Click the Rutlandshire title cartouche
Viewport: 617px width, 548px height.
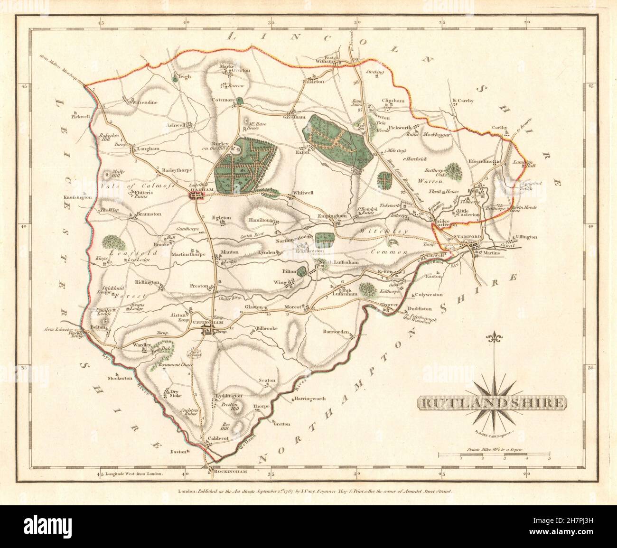click(491, 404)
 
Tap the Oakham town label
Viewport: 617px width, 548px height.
click(197, 189)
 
